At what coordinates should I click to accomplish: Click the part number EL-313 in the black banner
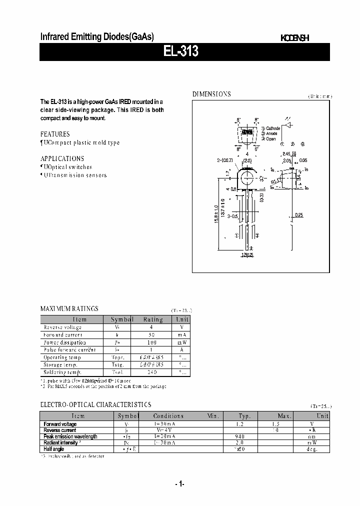[x=181, y=52]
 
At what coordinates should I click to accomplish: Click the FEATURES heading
[x=55, y=134]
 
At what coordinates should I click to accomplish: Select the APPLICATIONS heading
[x=62, y=158]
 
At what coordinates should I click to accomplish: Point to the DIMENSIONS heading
[x=212, y=94]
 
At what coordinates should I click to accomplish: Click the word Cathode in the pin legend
[x=273, y=128]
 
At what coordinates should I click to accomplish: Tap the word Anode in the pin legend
[x=271, y=133]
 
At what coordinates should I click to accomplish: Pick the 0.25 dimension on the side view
[x=298, y=214]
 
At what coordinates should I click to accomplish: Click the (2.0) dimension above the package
[x=247, y=160]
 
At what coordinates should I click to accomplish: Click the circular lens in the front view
[x=247, y=178]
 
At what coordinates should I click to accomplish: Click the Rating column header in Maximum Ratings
[x=153, y=319]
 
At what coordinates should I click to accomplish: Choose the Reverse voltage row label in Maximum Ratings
[x=62, y=327]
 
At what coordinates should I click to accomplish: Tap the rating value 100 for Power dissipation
[x=152, y=342]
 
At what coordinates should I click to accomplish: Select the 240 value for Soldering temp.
[x=152, y=372]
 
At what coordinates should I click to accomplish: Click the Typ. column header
[x=244, y=416]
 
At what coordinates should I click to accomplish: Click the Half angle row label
[x=54, y=449]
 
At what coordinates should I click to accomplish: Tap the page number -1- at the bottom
[x=180, y=484]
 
